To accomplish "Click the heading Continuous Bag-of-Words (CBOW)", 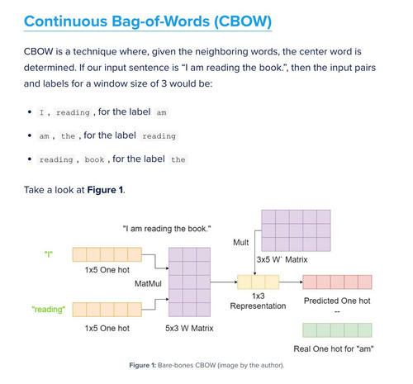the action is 148,21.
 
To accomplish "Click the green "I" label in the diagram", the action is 49,254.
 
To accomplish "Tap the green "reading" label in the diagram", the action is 49,310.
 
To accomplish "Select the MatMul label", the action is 148,283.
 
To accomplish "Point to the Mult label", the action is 240,243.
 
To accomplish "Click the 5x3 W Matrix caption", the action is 189,328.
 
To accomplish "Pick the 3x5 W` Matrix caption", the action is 282,259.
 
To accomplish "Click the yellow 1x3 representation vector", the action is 259,282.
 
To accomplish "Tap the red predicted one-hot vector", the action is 337,282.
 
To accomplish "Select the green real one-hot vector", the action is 337,330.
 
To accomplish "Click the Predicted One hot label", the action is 337,301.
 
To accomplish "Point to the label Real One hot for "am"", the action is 334,349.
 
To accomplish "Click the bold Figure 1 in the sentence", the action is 105,190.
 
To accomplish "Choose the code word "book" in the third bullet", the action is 94,159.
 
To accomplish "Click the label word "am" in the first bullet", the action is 161,112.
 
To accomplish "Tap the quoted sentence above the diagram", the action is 167,229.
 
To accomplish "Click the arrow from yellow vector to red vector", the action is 291,282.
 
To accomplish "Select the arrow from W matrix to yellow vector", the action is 224,282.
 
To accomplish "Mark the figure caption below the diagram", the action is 206,365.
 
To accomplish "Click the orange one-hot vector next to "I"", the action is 107,254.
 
